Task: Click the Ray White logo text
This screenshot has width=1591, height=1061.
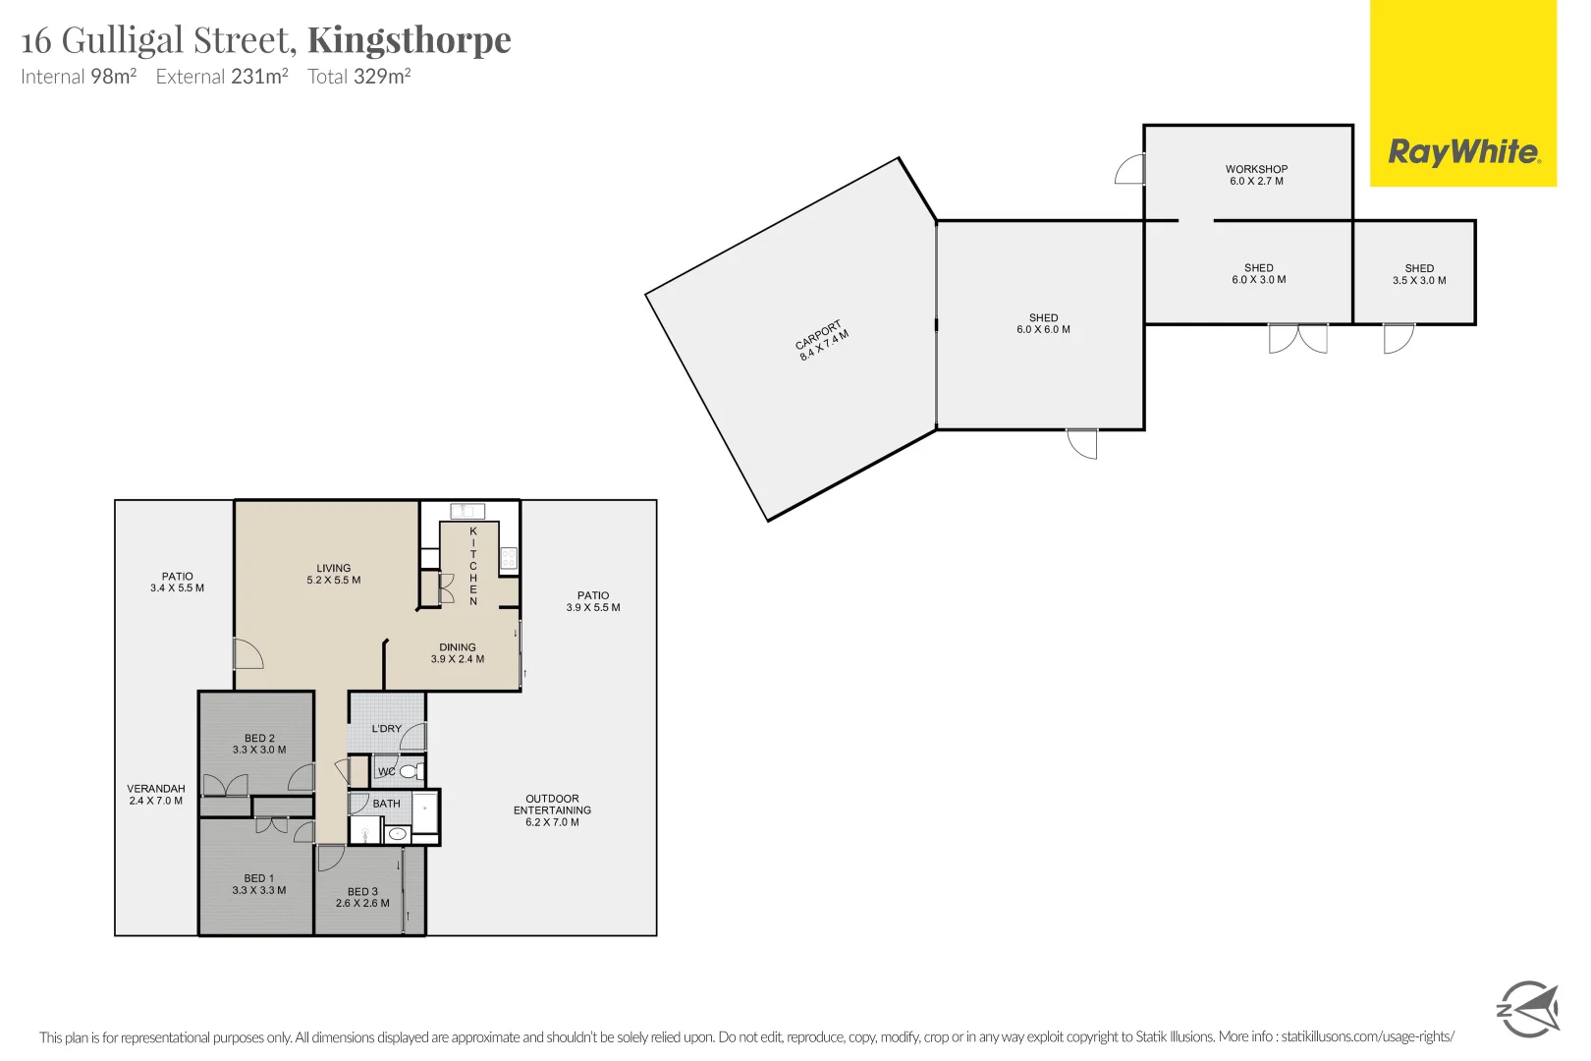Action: point(1463,152)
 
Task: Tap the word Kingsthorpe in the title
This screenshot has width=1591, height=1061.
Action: point(410,40)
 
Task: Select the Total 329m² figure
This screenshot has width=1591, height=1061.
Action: point(358,77)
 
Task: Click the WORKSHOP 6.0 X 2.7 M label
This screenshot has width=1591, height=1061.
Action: point(1256,175)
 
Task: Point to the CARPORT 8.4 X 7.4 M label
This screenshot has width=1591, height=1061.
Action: point(822,340)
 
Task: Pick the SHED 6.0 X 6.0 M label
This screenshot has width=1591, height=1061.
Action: point(1043,323)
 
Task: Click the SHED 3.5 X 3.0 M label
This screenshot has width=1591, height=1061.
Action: point(1419,274)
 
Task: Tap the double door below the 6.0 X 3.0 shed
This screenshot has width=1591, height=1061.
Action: point(1297,338)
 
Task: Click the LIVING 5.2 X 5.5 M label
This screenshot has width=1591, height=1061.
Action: point(334,574)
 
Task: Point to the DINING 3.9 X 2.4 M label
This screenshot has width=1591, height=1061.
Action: point(458,653)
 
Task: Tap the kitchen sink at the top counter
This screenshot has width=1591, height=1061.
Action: point(467,511)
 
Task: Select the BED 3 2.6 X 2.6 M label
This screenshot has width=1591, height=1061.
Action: point(362,897)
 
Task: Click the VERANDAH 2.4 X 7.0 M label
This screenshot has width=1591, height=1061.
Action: point(156,794)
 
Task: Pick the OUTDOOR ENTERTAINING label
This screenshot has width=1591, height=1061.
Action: point(552,810)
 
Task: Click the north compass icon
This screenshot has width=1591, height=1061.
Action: point(1527,1009)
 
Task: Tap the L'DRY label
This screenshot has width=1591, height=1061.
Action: point(387,729)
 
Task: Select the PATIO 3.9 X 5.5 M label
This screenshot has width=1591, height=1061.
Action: point(593,601)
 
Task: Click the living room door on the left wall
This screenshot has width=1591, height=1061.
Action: point(247,654)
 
